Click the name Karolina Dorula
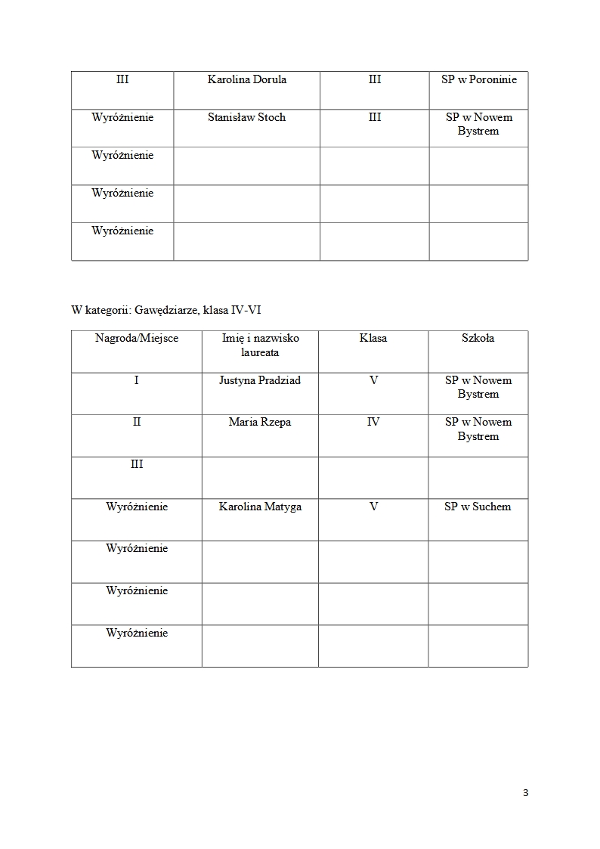click(x=246, y=79)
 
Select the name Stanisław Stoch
click(x=246, y=117)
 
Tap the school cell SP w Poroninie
click(x=479, y=79)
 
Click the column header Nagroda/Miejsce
click(x=137, y=338)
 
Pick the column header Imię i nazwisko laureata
click(x=260, y=345)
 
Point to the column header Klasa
click(x=373, y=338)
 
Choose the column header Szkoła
click(x=478, y=338)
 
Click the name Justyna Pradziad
click(x=260, y=380)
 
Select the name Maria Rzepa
click(x=260, y=422)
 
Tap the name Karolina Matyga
click(x=260, y=507)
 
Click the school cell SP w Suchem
click(x=478, y=507)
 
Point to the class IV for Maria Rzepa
click(x=373, y=422)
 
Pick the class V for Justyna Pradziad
click(x=373, y=380)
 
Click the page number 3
click(x=525, y=792)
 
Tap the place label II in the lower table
click(x=137, y=422)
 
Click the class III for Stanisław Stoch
click(x=375, y=117)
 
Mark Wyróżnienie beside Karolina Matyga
click(x=137, y=507)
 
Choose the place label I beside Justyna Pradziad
click(x=137, y=380)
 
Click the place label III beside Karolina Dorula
click(x=122, y=79)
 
